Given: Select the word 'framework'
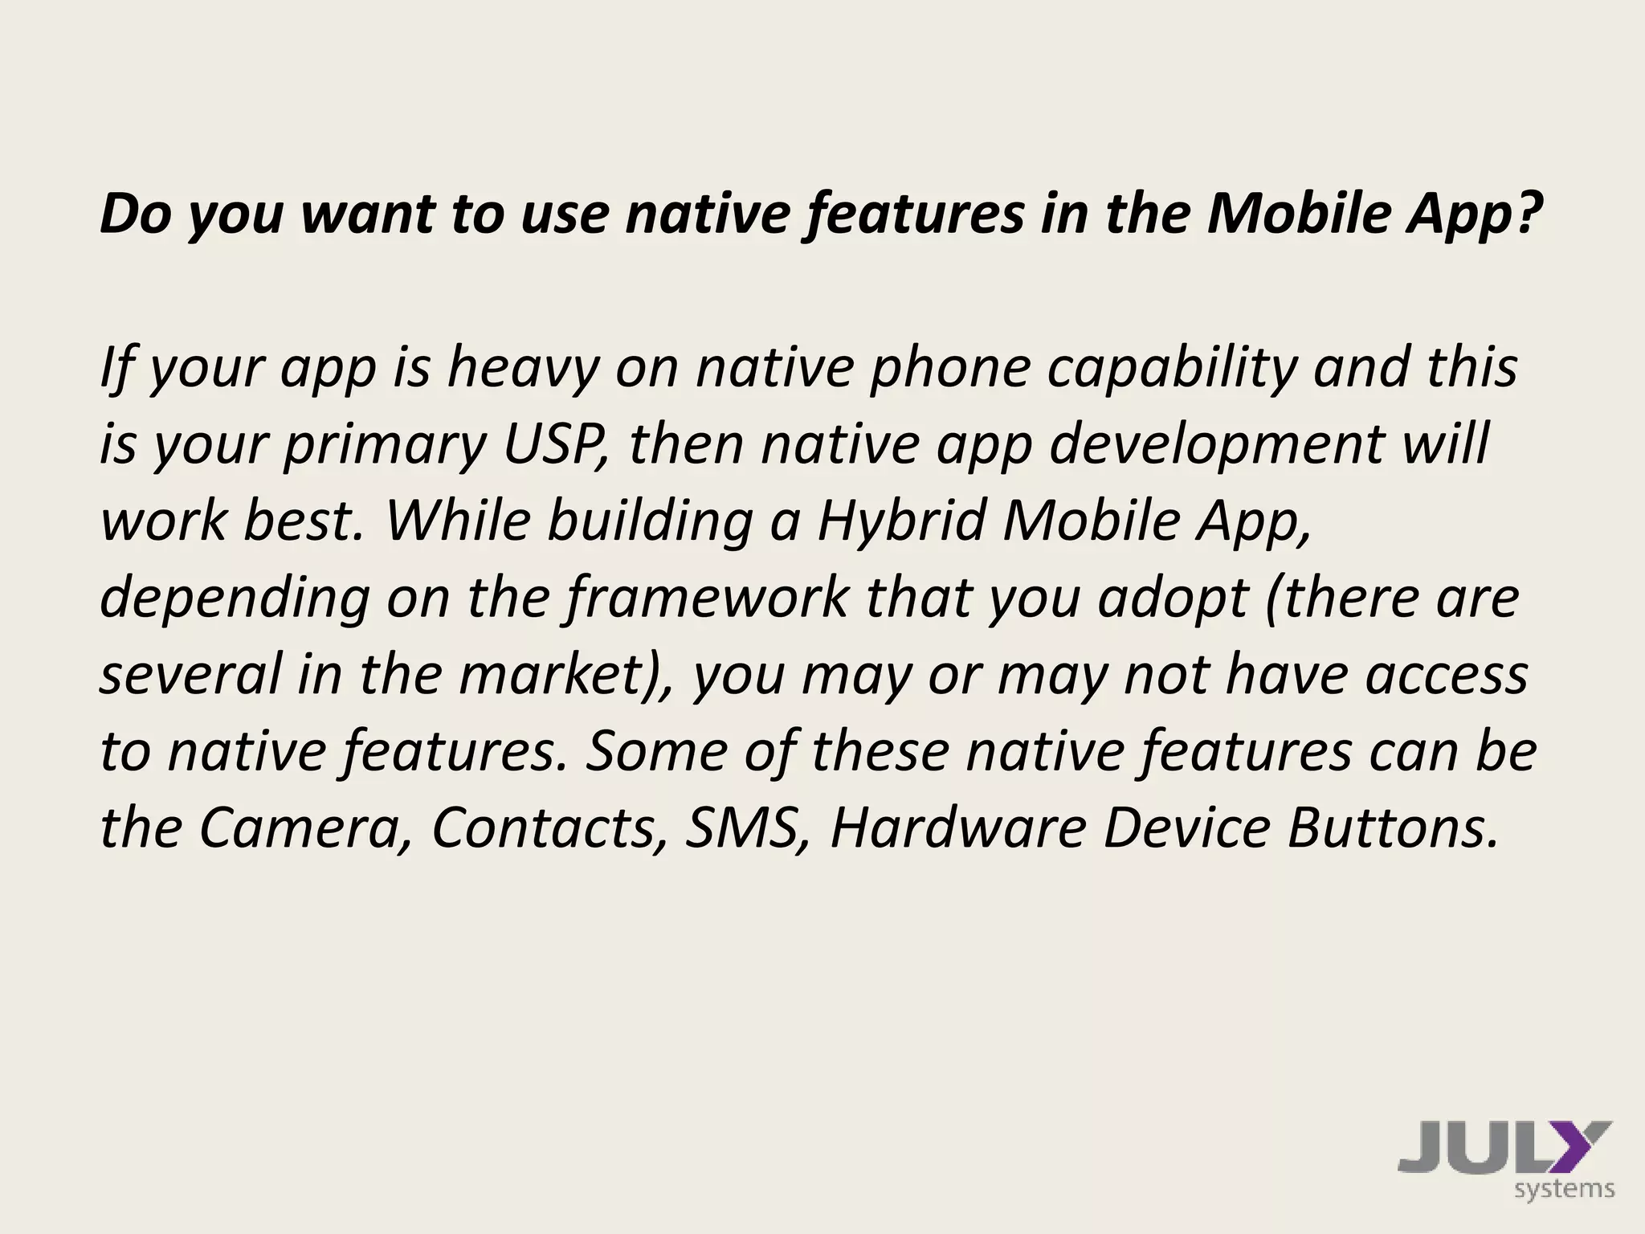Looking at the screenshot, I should [x=708, y=598].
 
